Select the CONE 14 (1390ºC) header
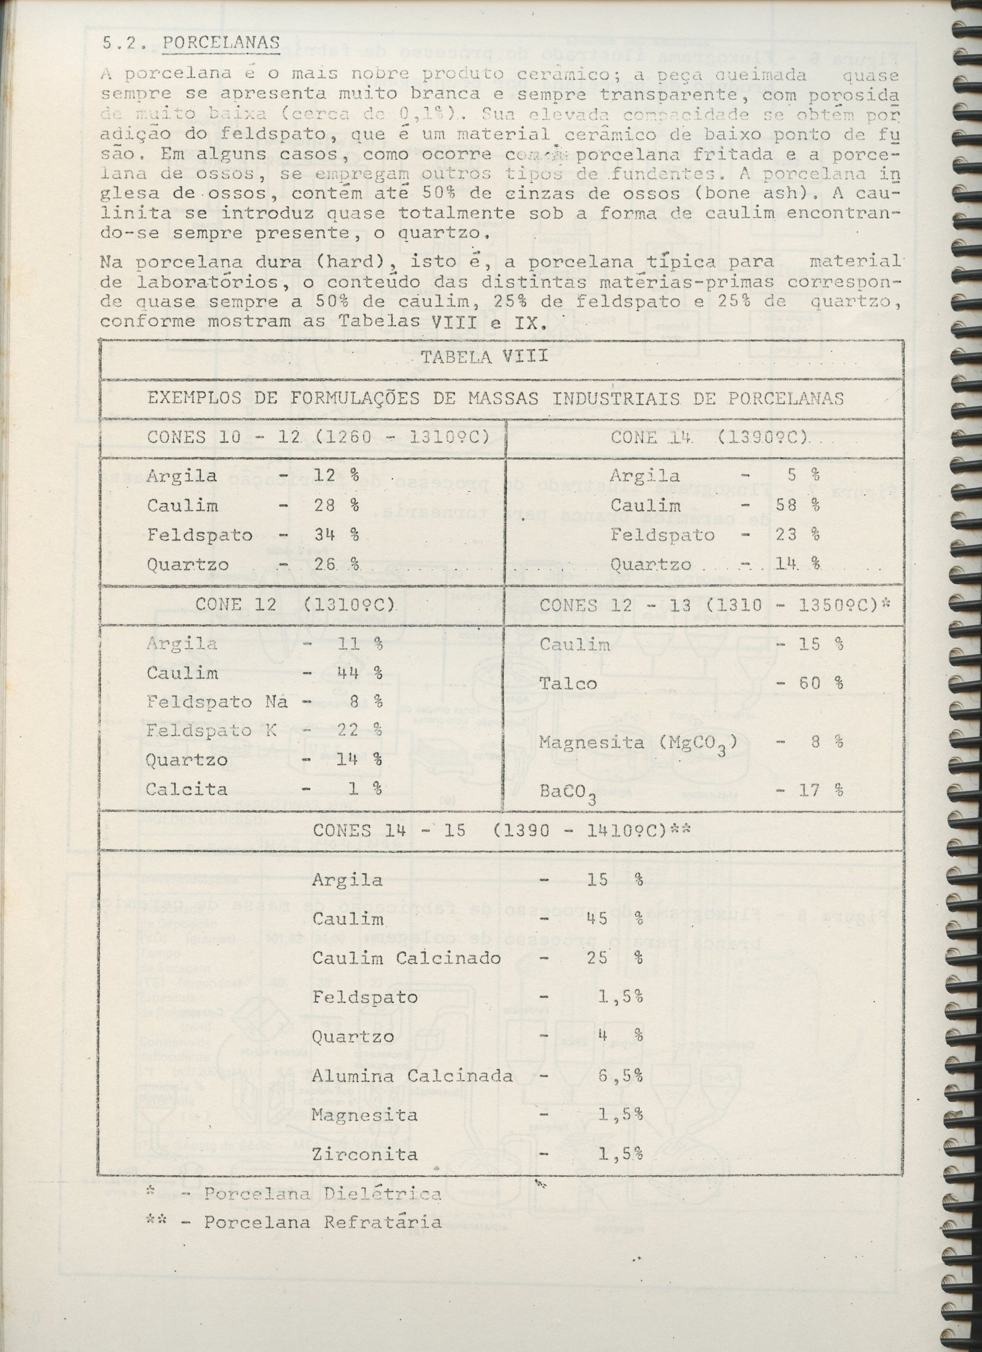click(x=709, y=437)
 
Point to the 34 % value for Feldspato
click(x=337, y=534)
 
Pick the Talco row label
click(x=568, y=684)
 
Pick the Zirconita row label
click(x=365, y=1154)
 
